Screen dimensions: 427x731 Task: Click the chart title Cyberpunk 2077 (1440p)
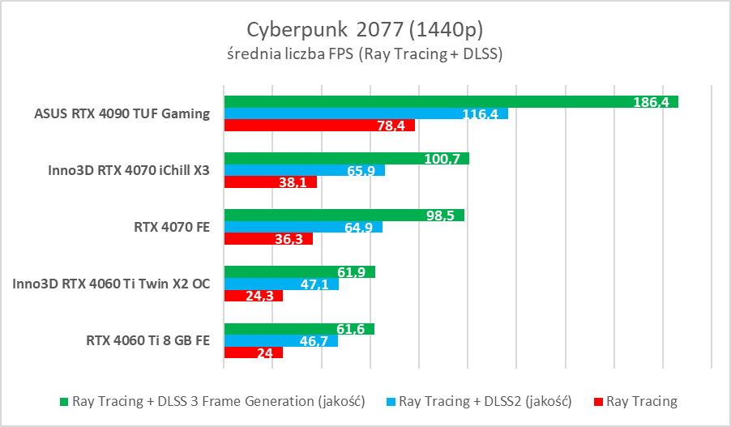[365, 30]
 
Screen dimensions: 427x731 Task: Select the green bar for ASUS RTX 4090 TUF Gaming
[451, 101]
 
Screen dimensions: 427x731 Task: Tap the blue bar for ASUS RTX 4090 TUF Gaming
[365, 113]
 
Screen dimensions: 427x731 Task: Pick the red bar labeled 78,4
[319, 125]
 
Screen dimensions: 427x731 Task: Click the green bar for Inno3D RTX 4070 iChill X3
[346, 159]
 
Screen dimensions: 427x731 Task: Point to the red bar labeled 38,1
[270, 182]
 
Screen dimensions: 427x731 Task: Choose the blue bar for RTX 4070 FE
[303, 227]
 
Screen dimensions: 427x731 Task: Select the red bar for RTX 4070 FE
[268, 239]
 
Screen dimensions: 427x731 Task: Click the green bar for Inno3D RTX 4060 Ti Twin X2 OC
[299, 272]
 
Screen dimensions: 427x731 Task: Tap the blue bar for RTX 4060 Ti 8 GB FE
[280, 340]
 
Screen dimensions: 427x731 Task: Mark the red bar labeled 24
[253, 352]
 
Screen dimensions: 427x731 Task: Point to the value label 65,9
[361, 171]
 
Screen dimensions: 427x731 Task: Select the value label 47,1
[317, 284]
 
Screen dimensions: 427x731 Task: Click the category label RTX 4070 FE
[173, 228]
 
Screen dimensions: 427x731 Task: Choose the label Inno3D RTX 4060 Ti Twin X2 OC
[111, 284]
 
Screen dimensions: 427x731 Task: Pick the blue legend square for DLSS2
[391, 401]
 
